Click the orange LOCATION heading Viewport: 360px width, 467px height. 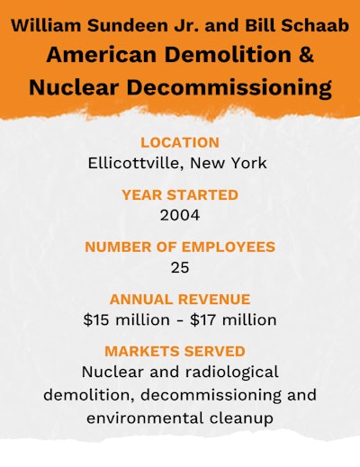point(180,142)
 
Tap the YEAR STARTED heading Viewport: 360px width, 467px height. point(180,194)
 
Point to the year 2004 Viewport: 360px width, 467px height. point(179,215)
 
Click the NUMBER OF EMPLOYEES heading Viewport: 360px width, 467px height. point(180,247)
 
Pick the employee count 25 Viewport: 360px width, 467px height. point(179,267)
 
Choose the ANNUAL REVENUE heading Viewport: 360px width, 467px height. point(180,299)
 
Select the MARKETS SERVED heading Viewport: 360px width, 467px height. point(180,351)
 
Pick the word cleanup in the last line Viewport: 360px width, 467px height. point(242,418)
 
